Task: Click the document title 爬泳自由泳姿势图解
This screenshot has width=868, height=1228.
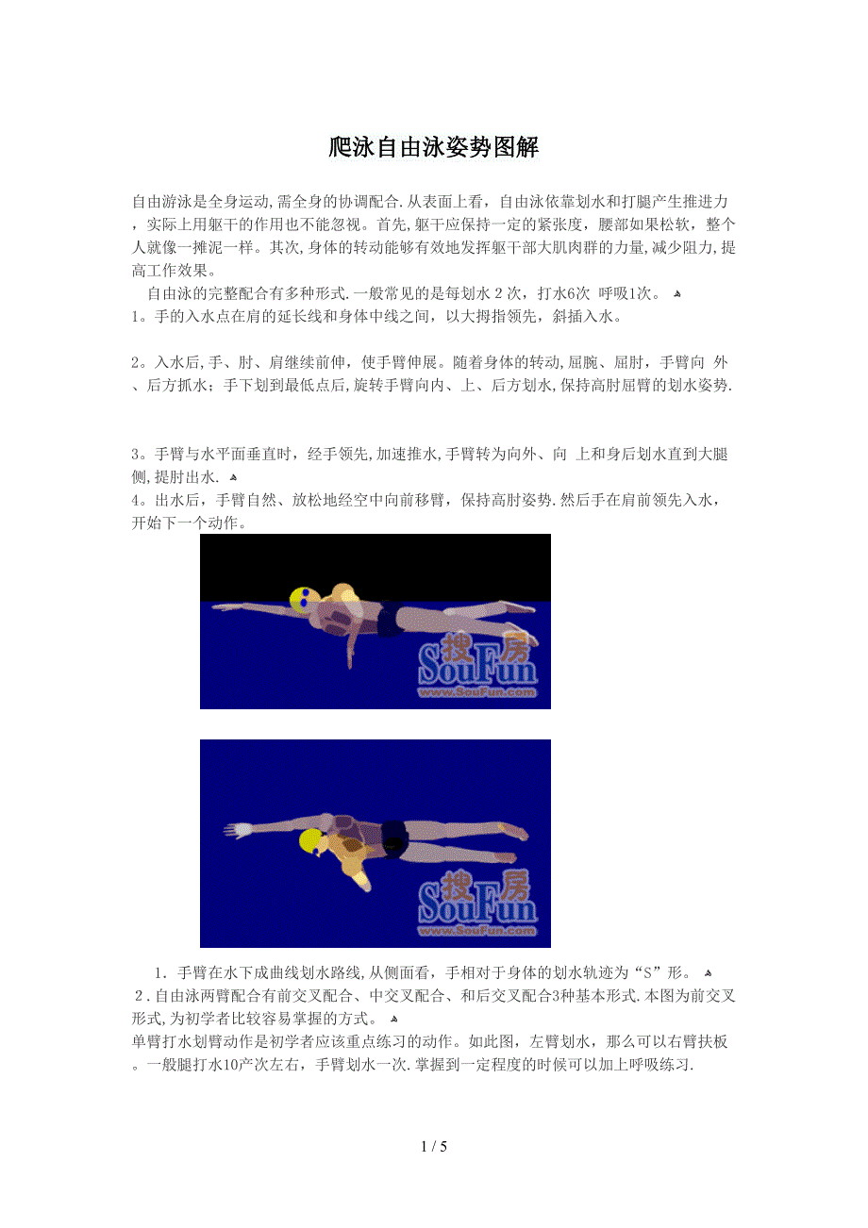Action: (434, 147)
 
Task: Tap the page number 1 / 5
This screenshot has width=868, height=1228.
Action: (434, 1146)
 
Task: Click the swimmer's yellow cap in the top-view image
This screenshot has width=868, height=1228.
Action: (311, 841)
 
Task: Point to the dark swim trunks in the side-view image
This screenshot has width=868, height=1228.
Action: (391, 619)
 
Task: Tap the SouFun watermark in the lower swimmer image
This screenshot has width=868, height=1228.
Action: (477, 903)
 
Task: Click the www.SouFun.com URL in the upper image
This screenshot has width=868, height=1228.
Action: (477, 692)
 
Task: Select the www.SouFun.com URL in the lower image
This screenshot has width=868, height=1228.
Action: (477, 930)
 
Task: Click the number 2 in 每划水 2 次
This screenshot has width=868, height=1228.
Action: (498, 294)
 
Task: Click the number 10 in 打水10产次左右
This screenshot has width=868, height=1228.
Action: (231, 1065)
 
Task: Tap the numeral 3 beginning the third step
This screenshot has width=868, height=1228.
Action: (136, 454)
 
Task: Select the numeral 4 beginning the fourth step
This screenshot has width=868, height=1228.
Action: (136, 500)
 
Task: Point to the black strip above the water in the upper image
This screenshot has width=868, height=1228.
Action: (376, 566)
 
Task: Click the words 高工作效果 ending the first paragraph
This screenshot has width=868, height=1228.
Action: (170, 271)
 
